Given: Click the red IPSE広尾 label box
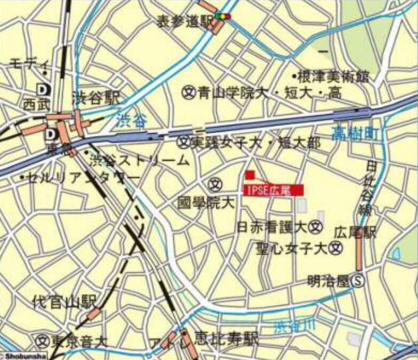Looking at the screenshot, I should (273, 190).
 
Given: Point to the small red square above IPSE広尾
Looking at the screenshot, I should (250, 175).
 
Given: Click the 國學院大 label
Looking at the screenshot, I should (206, 202).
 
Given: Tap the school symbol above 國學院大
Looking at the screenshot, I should (215, 184).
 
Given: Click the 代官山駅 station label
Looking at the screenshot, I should (64, 301).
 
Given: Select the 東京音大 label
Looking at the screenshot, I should (78, 342).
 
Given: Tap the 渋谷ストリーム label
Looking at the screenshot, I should (139, 160).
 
